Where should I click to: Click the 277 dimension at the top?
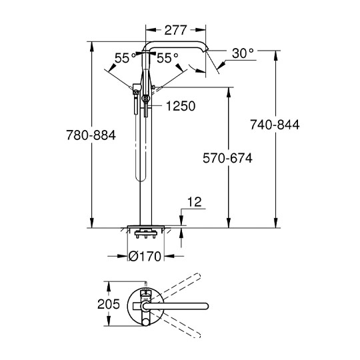pyautogui.click(x=175, y=30)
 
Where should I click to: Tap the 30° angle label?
pyautogui.click(x=243, y=53)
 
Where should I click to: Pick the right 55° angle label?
pyautogui.click(x=167, y=58)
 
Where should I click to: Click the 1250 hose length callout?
pyautogui.click(x=181, y=106)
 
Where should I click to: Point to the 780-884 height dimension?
pyautogui.click(x=91, y=135)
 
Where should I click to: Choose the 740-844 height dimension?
pyautogui.click(x=275, y=125)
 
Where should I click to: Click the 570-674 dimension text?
pyautogui.click(x=227, y=158)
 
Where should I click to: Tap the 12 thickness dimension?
pyautogui.click(x=195, y=202)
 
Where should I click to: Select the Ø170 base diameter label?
pyautogui.click(x=145, y=256)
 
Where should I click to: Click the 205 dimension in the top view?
pyautogui.click(x=109, y=304)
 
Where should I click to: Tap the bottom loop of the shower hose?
pyautogui.click(x=141, y=179)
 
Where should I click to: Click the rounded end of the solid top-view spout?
pyautogui.click(x=206, y=306)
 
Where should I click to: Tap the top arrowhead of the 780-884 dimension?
pyautogui.click(x=92, y=47)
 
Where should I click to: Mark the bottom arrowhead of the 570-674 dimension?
pyautogui.click(x=229, y=222)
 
